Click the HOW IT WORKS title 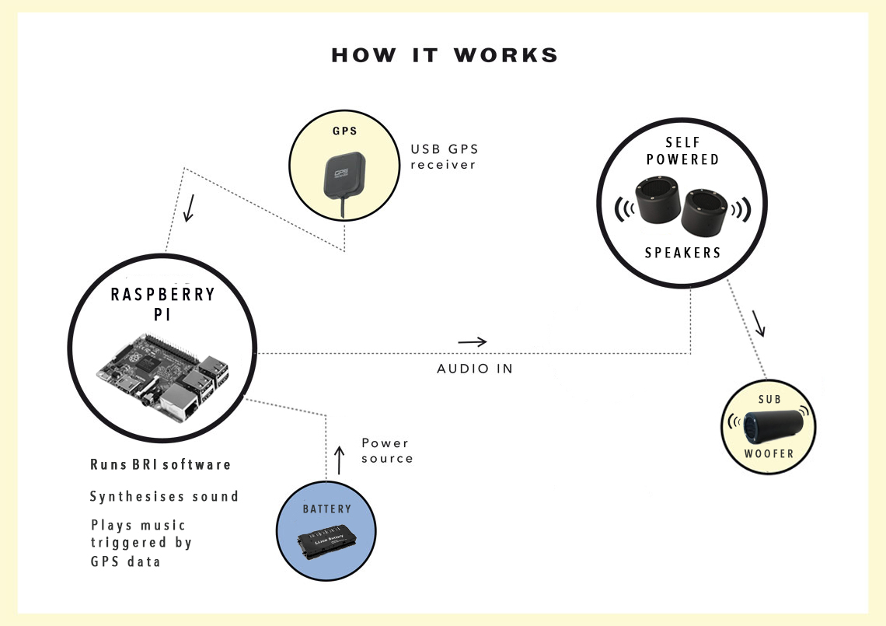click(x=444, y=56)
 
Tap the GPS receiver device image click(x=343, y=178)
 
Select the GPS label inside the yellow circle click(x=344, y=131)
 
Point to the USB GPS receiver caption click(x=443, y=157)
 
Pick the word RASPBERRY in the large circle click(x=162, y=295)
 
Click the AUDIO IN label click(x=475, y=369)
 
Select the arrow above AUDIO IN click(x=473, y=341)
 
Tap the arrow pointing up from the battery click(x=338, y=460)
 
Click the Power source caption click(x=387, y=451)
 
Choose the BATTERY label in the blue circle click(x=326, y=509)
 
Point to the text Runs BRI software click(x=161, y=465)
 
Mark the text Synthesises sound click(x=164, y=496)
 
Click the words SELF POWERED click(x=682, y=151)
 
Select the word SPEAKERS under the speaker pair click(x=682, y=253)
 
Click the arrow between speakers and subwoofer click(x=759, y=323)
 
